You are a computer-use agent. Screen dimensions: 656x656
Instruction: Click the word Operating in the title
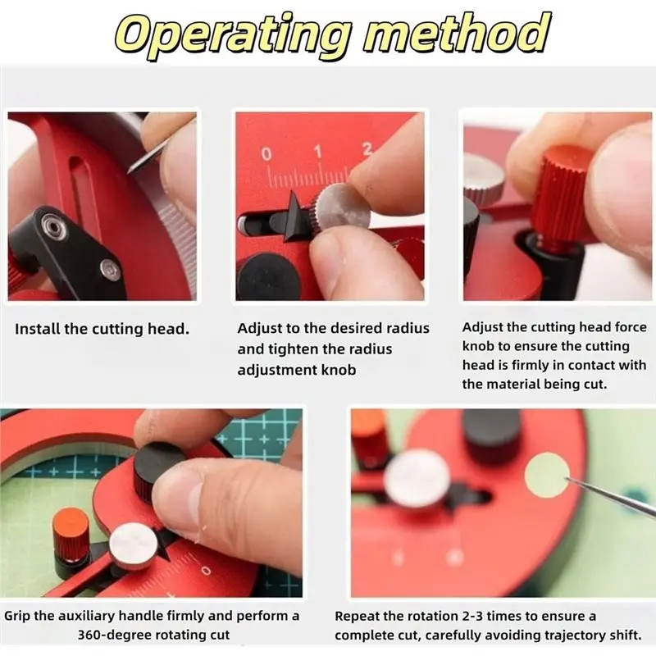pyautogui.click(x=232, y=35)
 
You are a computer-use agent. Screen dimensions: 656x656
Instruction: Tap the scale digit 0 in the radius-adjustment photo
pyautogui.click(x=266, y=154)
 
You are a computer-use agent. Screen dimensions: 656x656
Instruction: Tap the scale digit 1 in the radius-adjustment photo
pyautogui.click(x=318, y=152)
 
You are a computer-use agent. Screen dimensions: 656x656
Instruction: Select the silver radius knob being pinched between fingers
pyautogui.click(x=339, y=207)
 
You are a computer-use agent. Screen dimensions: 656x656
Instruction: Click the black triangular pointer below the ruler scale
pyautogui.click(x=294, y=216)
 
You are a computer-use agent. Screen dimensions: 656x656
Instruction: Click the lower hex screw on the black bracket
pyautogui.click(x=110, y=270)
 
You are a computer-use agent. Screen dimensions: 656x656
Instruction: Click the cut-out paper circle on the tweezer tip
pyautogui.click(x=547, y=476)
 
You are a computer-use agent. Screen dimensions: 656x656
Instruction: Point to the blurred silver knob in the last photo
pyautogui.click(x=417, y=478)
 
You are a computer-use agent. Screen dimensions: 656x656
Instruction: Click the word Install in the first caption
pyautogui.click(x=38, y=329)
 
